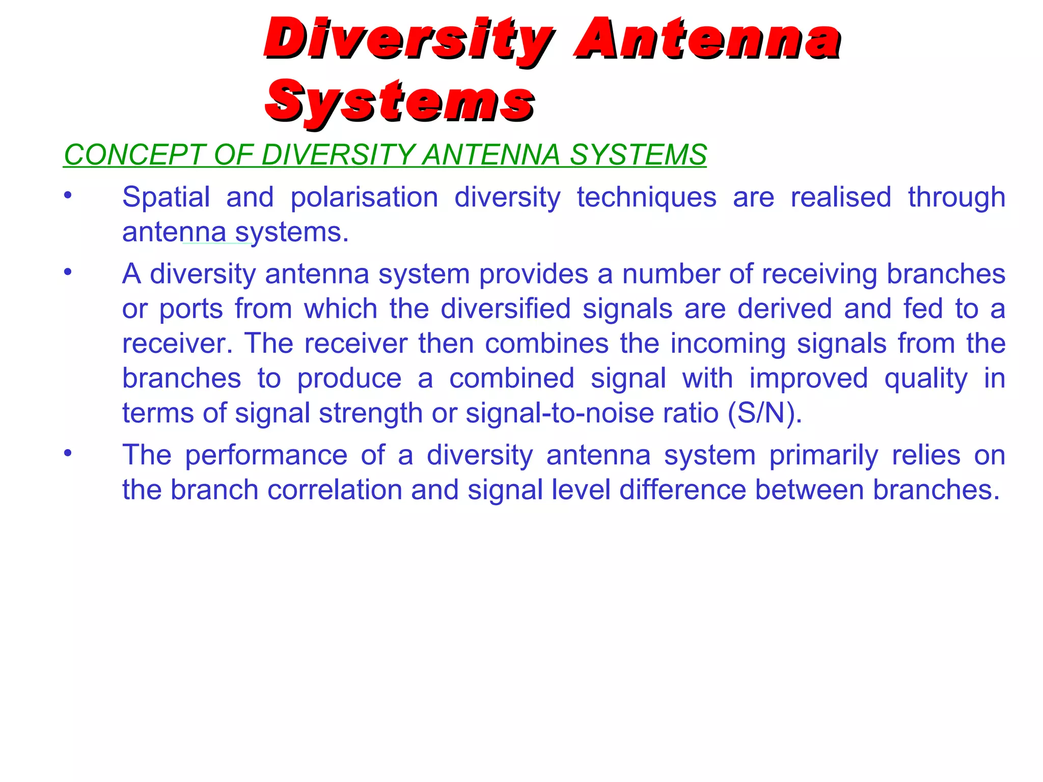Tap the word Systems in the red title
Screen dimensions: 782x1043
pos(400,102)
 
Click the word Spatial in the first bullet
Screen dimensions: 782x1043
pos(166,197)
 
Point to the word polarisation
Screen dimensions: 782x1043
pos(364,197)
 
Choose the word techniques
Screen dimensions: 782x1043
pos(646,197)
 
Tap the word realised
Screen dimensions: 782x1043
pos(841,197)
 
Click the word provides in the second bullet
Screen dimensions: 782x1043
pos(533,274)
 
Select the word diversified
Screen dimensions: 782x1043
pos(505,309)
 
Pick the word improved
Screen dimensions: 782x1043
pos(808,378)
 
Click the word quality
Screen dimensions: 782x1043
pos(926,379)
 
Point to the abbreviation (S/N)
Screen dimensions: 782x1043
pos(764,413)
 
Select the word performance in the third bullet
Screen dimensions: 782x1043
pos(266,455)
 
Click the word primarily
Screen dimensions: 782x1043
pos(824,455)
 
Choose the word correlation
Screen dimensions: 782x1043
pos(335,490)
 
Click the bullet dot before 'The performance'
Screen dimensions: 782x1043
pos(68,453)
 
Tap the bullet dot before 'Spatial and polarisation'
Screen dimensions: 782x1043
pos(68,194)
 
